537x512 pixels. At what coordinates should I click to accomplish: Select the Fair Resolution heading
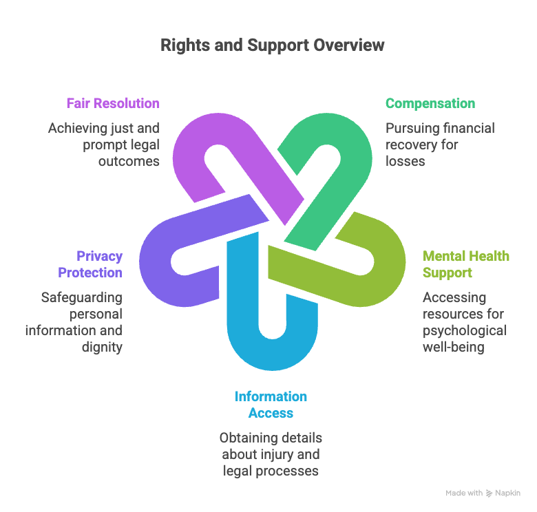coord(113,104)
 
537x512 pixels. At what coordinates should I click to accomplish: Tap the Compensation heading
coord(430,104)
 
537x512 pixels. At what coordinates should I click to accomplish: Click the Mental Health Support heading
coord(466,264)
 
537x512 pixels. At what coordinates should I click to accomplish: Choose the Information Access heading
coord(271,405)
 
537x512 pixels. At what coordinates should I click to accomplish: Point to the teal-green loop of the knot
coord(324,138)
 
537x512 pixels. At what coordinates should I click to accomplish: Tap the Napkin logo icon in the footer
coord(489,493)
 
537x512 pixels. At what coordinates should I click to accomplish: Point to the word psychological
coord(465,330)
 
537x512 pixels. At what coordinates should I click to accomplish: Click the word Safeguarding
coord(81,297)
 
